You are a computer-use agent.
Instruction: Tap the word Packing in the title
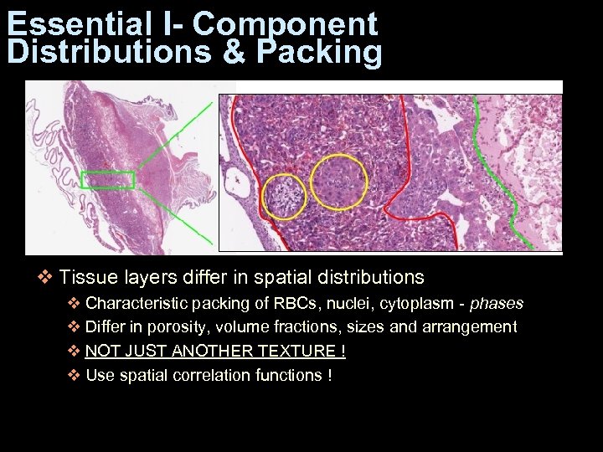pos(320,52)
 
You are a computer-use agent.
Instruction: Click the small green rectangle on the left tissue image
pos(108,179)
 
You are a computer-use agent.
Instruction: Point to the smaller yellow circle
pos(284,197)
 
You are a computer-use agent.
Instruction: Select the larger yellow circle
pos(338,182)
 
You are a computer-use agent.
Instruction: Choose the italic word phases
pos(497,303)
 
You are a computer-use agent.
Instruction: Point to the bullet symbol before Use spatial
pos(73,376)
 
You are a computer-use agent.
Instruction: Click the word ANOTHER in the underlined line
pos(203,352)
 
